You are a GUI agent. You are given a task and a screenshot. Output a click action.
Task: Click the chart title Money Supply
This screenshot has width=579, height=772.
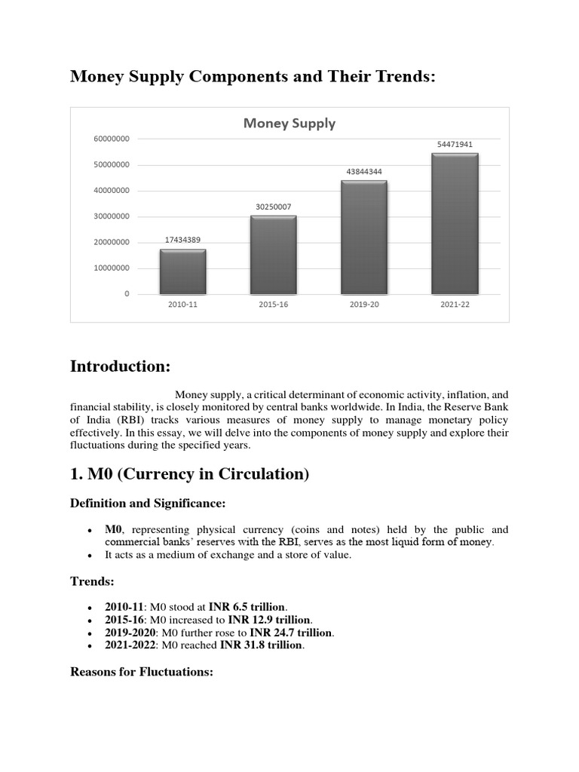[289, 124]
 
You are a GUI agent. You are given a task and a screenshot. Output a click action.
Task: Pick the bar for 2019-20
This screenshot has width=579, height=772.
[364, 237]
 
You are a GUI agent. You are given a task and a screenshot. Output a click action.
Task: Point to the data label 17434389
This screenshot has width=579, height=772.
[182, 240]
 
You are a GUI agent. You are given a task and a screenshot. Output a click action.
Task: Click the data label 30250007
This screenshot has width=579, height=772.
[273, 207]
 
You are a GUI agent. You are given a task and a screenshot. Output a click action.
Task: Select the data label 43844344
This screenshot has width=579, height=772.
[364, 172]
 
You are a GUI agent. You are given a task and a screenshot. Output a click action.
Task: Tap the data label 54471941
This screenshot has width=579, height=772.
[455, 144]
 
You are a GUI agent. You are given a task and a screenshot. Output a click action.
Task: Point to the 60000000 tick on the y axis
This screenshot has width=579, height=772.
[112, 139]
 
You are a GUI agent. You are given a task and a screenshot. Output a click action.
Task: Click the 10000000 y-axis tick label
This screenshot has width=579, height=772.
[112, 268]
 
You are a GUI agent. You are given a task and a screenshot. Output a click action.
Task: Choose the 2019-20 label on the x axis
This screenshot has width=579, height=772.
[364, 305]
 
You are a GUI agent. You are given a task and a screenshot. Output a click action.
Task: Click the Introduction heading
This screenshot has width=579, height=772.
[121, 366]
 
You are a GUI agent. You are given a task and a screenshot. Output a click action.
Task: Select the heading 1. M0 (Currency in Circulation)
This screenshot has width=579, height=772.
[190, 474]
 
